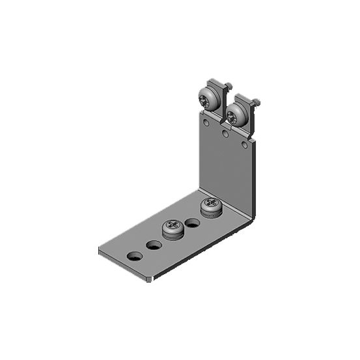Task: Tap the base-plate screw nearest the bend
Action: [x=211, y=204]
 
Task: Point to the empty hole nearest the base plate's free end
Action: [x=135, y=255]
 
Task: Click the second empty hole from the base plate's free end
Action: [x=154, y=245]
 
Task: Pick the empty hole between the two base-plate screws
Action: [x=192, y=223]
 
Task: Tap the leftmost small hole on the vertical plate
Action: [x=206, y=122]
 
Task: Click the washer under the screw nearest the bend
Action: [x=211, y=212]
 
